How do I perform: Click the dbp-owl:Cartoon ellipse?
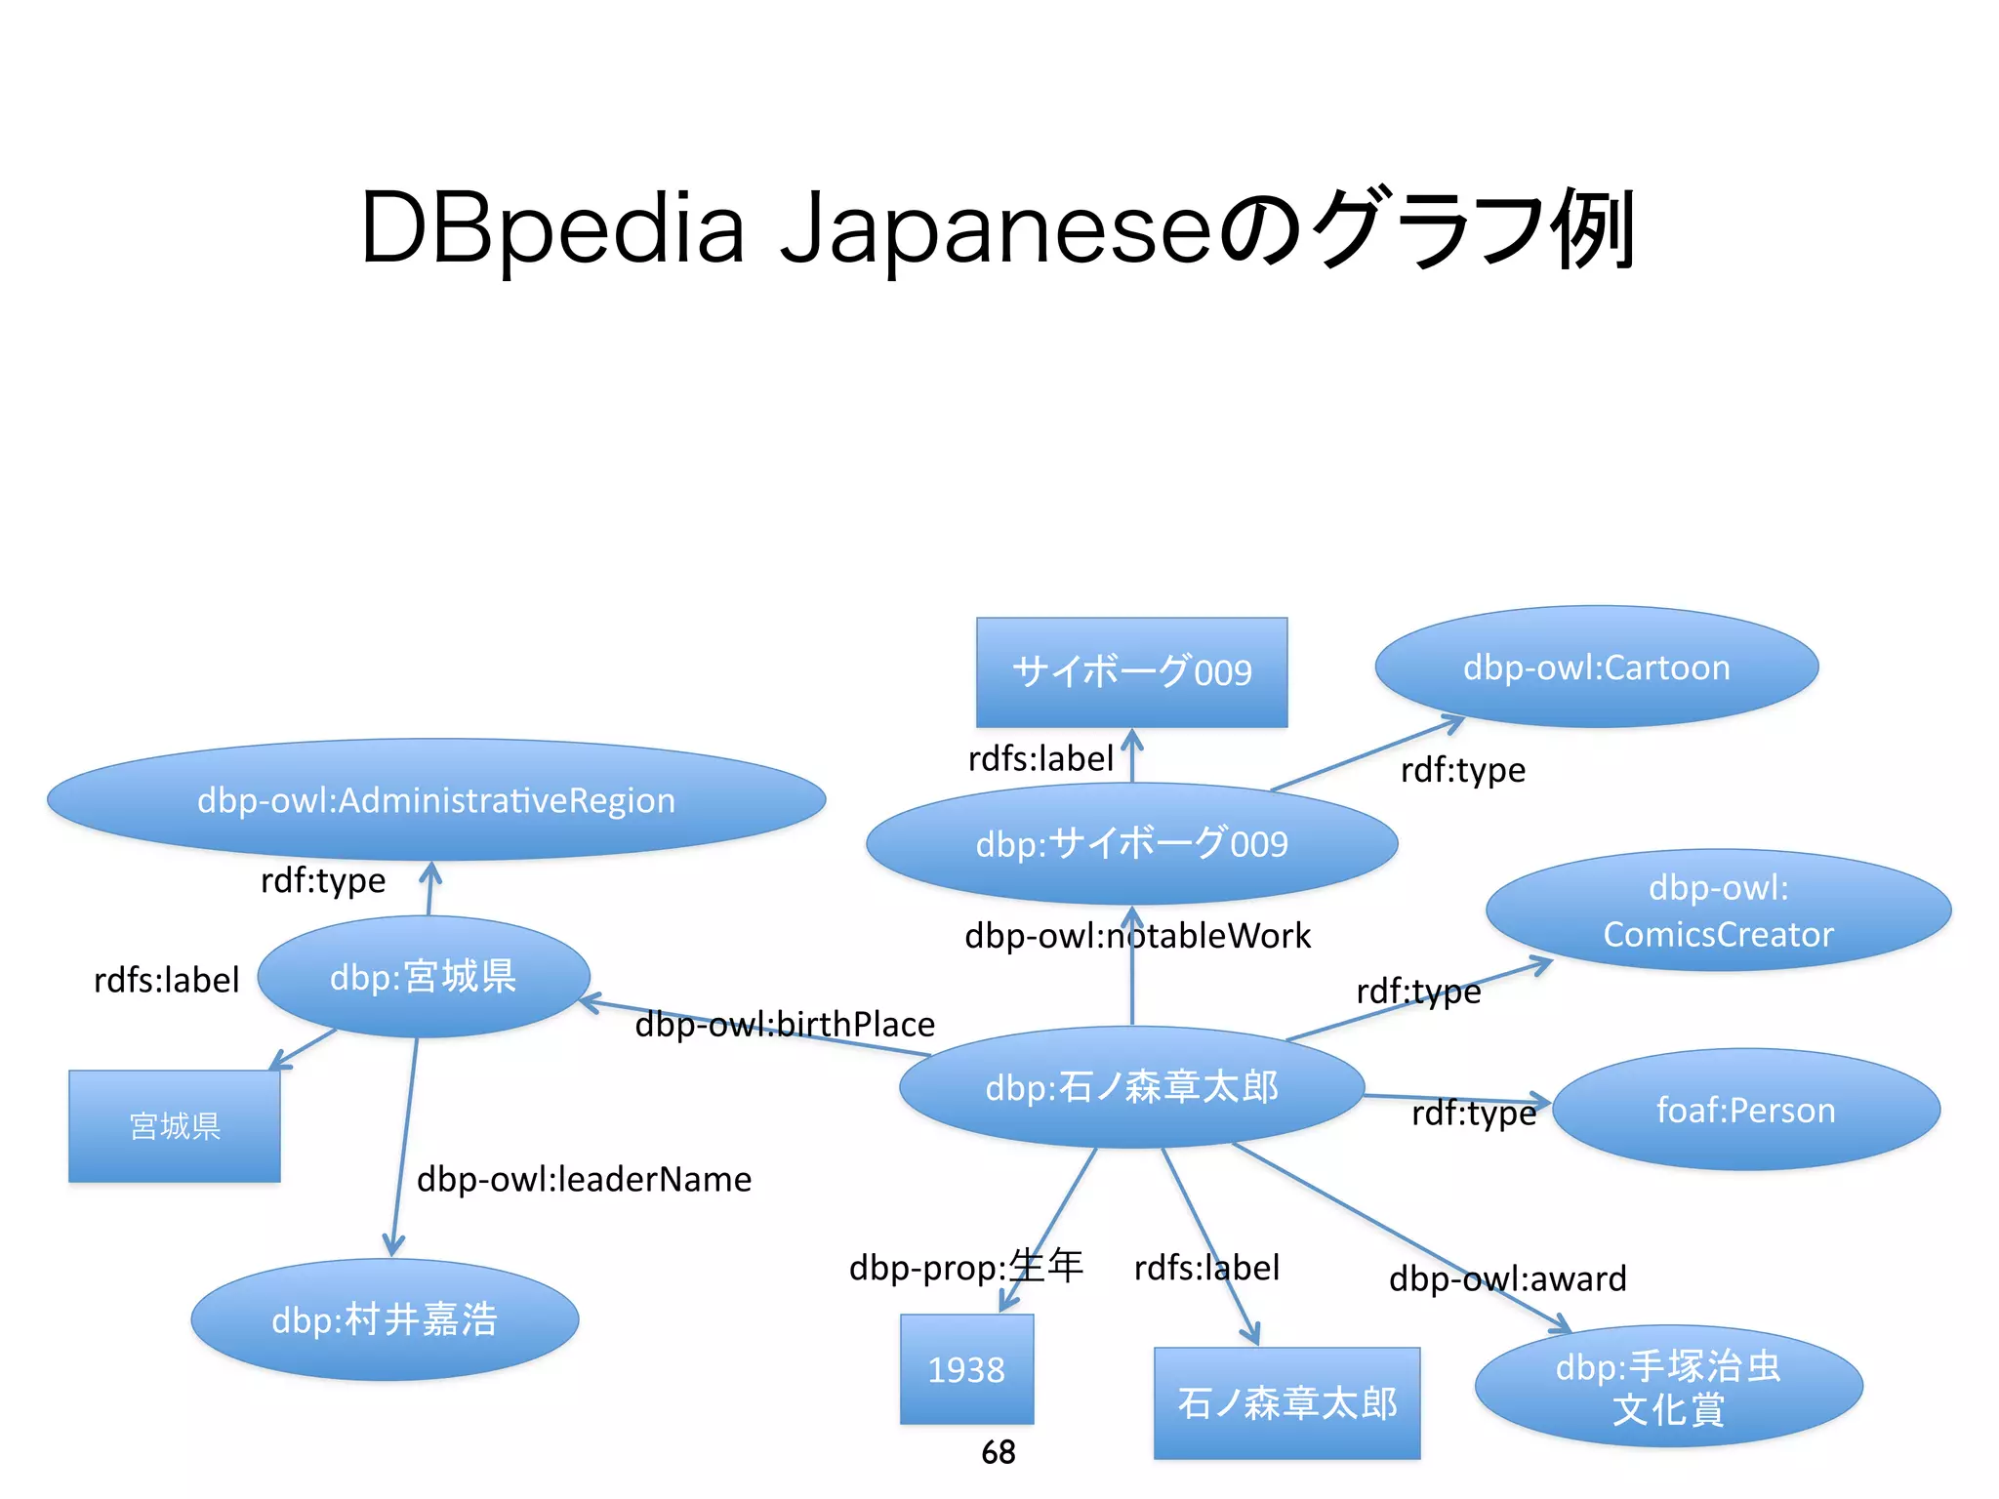[1596, 668]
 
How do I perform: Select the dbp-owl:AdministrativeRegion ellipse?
[436, 800]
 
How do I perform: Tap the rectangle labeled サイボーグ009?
[1131, 671]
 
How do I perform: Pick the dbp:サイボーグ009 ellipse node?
[1131, 843]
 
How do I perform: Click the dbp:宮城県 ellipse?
[424, 977]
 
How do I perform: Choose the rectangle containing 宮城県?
[175, 1126]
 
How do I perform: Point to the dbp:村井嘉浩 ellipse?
[385, 1319]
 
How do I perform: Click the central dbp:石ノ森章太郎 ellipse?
[1131, 1087]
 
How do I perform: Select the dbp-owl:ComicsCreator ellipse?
[1718, 911]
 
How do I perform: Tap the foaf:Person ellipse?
[1745, 1111]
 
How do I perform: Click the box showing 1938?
[966, 1369]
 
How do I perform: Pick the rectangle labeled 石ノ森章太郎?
[1286, 1403]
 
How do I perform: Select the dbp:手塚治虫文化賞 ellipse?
[1668, 1387]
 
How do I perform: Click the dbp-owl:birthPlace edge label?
[785, 1025]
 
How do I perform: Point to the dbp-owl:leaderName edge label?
[584, 1180]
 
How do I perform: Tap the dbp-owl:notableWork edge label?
[1137, 936]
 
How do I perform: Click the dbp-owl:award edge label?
[1507, 1278]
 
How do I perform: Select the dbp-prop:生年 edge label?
[965, 1267]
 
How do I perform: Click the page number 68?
[999, 1452]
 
